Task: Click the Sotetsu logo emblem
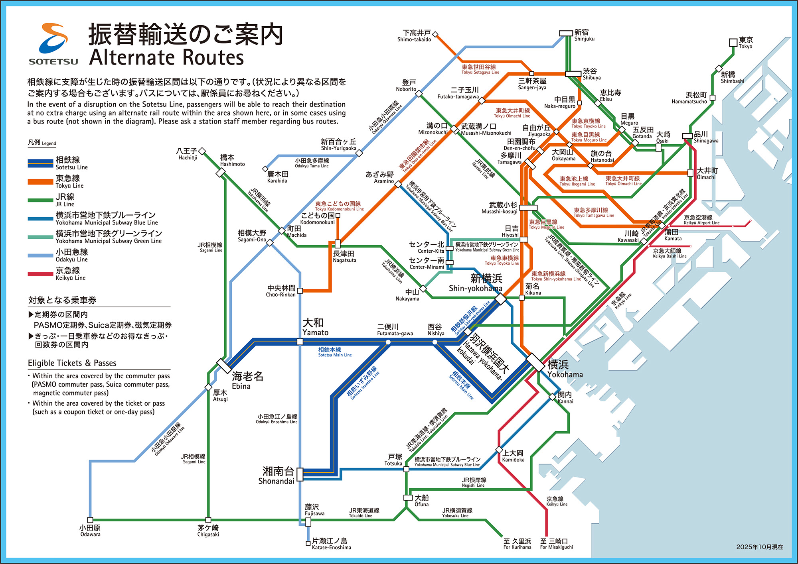coord(53,39)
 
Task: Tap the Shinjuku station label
coord(584,35)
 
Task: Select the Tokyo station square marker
coord(733,43)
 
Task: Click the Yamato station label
coord(314,327)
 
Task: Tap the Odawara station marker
coord(90,520)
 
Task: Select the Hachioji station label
coord(187,154)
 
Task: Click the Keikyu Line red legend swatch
coord(40,274)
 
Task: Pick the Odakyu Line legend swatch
coord(40,255)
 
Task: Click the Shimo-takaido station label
coord(415,36)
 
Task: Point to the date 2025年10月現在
coord(760,547)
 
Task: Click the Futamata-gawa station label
coord(394,330)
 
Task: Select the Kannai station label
coord(565,397)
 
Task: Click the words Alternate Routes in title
coord(166,57)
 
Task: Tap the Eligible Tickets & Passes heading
coord(72,363)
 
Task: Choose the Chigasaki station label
coord(208,531)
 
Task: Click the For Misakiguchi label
coord(556,544)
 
